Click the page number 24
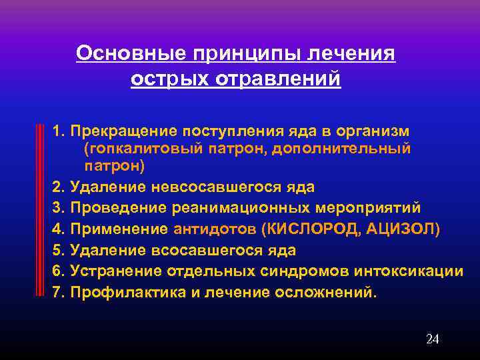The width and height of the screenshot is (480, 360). pyautogui.click(x=432, y=339)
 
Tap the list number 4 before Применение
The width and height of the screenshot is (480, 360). pyautogui.click(x=57, y=229)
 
